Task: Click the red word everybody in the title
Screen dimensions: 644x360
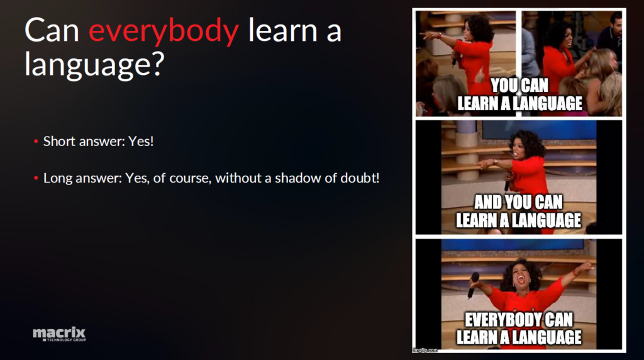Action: pos(164,31)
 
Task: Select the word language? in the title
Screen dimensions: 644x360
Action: pos(94,65)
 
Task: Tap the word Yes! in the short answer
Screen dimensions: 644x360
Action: pos(141,142)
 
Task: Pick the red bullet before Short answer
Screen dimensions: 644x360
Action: pos(36,142)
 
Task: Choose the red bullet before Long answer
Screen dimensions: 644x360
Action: pos(36,178)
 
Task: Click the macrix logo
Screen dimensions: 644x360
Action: pos(60,334)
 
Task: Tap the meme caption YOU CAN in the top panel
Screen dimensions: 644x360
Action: pos(519,86)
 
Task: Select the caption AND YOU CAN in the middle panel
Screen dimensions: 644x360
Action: pos(518,202)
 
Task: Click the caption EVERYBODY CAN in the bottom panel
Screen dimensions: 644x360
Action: pos(518,319)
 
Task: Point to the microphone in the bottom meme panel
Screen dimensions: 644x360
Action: pos(473,284)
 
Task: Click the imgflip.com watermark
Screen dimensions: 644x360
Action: pos(426,350)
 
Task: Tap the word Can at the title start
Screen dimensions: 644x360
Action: pos(52,31)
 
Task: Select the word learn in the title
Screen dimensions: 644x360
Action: pos(283,30)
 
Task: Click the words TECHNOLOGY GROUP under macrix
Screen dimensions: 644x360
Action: pos(65,340)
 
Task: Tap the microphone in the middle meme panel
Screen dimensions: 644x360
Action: pos(508,181)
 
